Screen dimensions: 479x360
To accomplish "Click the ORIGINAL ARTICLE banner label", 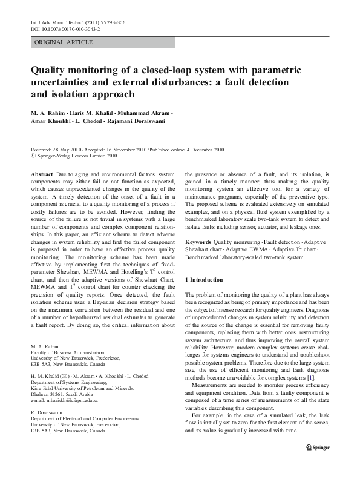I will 64,42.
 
